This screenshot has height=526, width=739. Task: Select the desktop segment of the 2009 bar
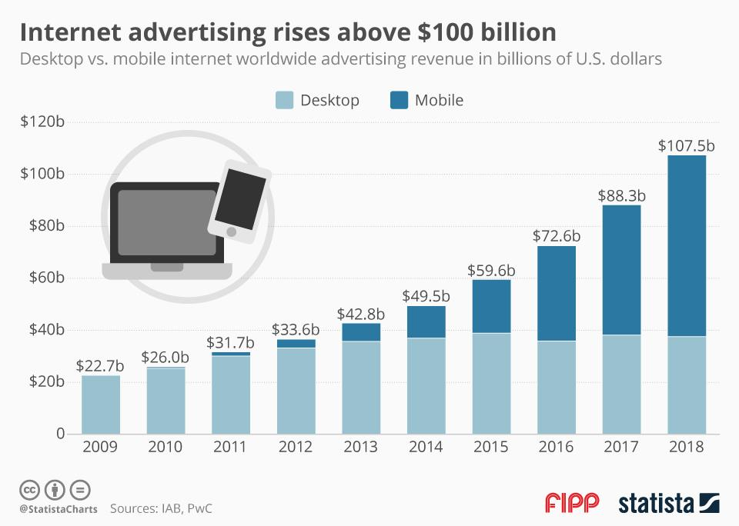101,404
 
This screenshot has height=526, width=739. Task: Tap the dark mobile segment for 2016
556,293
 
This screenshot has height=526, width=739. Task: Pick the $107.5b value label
687,146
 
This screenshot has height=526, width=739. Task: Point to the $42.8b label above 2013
361,314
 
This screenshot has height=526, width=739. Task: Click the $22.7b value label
101,365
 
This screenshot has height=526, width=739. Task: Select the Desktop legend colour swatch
284,100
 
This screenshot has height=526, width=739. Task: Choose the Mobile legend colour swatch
399,100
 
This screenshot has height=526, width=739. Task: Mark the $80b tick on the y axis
45,226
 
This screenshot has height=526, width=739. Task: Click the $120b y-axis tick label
42,122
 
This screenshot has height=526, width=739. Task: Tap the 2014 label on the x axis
426,448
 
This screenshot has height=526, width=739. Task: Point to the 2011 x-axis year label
231,448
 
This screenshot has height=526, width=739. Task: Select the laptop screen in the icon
166,223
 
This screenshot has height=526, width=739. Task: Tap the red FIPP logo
572,504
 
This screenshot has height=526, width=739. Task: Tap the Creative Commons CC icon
31,489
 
